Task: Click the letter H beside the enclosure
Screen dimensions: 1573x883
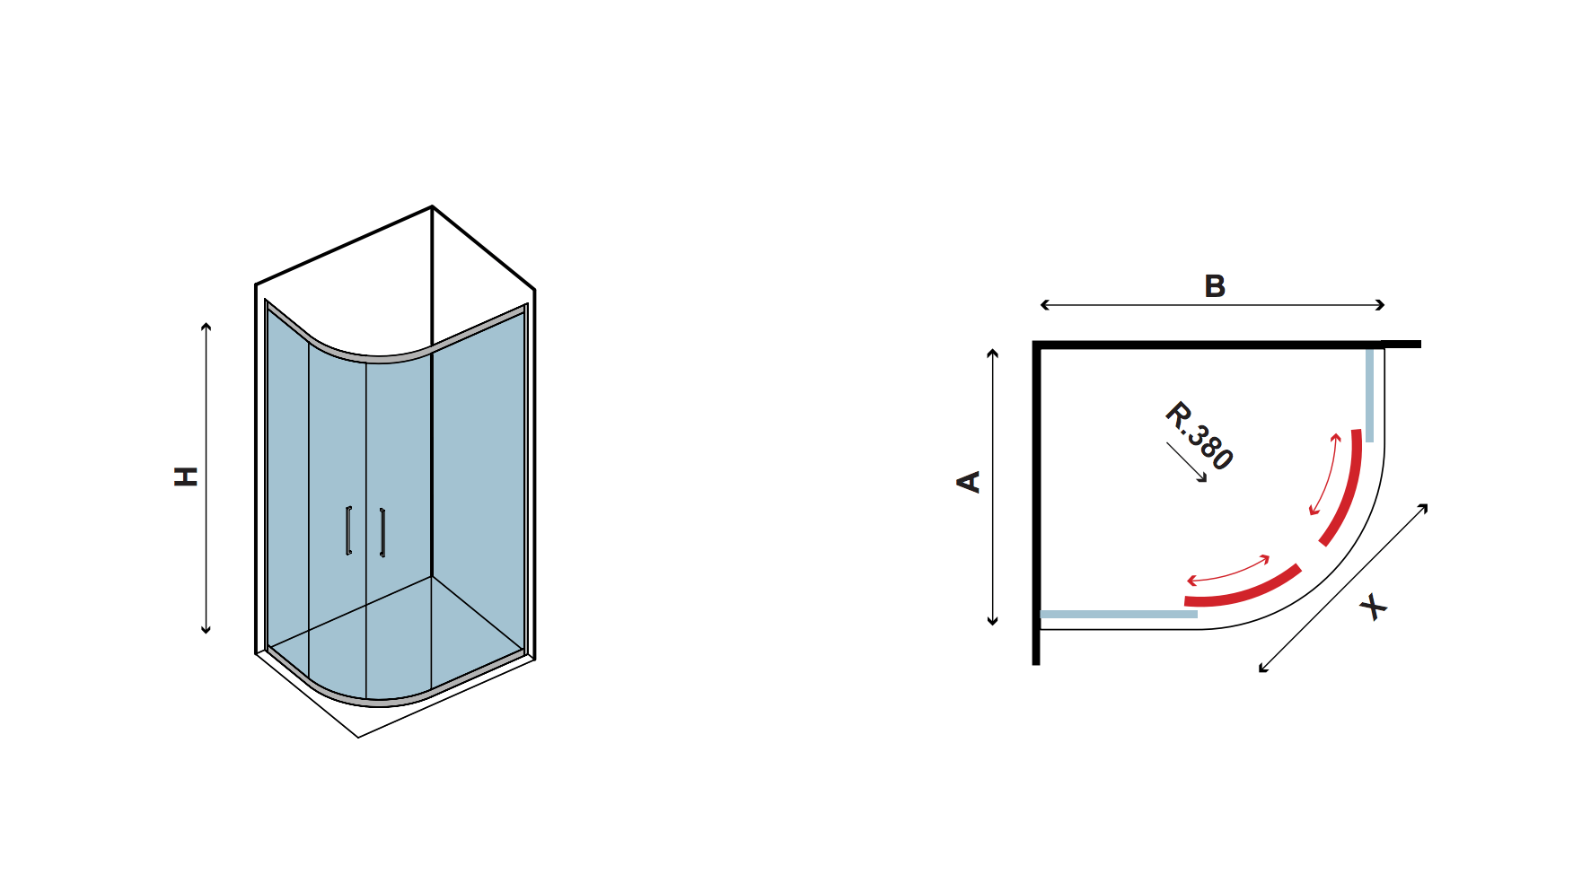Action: click(186, 476)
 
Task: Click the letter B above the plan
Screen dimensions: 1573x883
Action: click(1215, 286)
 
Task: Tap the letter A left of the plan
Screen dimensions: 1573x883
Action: click(969, 482)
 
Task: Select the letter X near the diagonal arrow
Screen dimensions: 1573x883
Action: click(1373, 608)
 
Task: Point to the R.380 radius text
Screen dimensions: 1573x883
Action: click(1199, 436)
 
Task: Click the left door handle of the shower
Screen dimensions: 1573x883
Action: click(348, 530)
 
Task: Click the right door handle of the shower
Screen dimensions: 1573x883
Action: click(382, 532)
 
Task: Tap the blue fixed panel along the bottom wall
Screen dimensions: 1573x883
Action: click(1119, 615)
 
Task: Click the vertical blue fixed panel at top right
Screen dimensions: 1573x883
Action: click(1370, 395)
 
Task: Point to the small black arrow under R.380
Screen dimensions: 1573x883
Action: click(1187, 462)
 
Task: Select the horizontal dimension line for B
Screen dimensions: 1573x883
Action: click(1212, 305)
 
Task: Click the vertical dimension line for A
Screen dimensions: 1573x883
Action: click(993, 487)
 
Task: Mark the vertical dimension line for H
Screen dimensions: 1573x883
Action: click(207, 478)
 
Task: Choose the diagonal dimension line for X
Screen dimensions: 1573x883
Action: click(1343, 588)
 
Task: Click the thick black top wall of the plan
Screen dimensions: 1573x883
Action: click(1226, 344)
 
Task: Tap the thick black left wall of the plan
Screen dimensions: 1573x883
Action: click(1036, 503)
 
